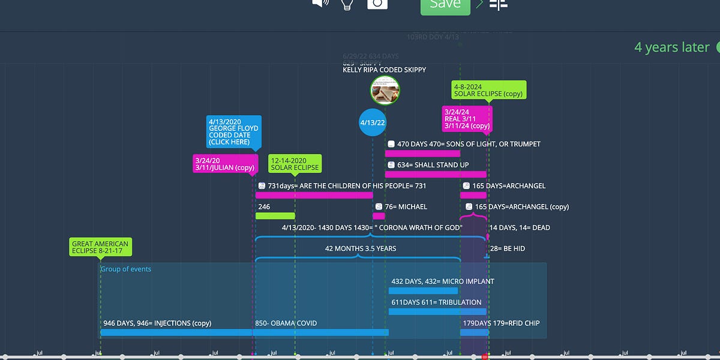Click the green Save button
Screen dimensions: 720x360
click(445, 5)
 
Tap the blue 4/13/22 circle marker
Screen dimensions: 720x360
click(372, 122)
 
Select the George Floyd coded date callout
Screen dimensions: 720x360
click(233, 132)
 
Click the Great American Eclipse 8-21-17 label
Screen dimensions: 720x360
click(100, 247)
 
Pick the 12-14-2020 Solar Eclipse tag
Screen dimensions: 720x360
click(295, 163)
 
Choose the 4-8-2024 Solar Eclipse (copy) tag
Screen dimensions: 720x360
click(488, 91)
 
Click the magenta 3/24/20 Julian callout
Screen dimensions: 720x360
click(224, 164)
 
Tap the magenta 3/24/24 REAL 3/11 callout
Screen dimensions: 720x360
click(467, 119)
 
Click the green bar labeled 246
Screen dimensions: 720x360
click(275, 216)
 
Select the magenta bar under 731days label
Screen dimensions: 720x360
click(314, 195)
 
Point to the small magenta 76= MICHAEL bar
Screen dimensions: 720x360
click(379, 216)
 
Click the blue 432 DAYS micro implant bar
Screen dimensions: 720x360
click(423, 291)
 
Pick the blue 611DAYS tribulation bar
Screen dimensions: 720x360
click(437, 312)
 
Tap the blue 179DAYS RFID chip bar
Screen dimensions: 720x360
click(474, 332)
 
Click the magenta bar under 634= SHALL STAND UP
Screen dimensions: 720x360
click(435, 175)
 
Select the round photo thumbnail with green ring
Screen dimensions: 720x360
click(385, 91)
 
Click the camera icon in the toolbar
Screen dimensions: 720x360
click(377, 4)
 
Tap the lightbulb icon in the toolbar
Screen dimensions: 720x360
click(347, 4)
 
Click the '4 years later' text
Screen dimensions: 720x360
click(672, 47)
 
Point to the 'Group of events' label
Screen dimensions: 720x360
click(126, 269)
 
